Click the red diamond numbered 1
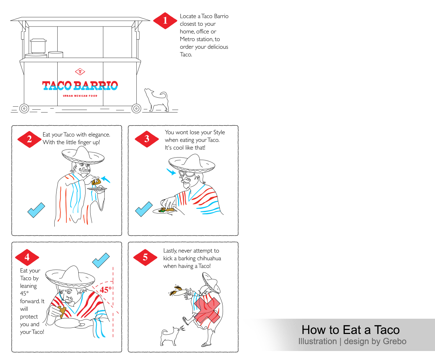pos(165,21)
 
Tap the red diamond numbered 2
pos(29,139)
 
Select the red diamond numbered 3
pos(146,139)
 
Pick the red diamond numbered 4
pos(27,257)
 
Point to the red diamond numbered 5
pos(145,257)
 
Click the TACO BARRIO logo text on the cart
pos(80,86)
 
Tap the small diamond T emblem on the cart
pos(80,72)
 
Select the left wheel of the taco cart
pos(24,108)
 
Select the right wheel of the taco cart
pos(136,108)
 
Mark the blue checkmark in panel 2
pos(36,210)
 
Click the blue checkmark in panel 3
pos(144,209)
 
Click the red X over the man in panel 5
pos(207,310)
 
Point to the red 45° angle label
pos(106,290)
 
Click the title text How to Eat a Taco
pos(351,330)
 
